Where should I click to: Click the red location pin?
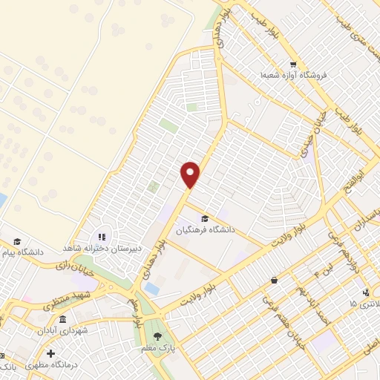(x=191, y=174)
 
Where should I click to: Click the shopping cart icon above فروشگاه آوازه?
(x=293, y=65)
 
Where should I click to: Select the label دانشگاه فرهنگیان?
(x=205, y=230)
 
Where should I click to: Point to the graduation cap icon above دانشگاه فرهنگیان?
(x=205, y=217)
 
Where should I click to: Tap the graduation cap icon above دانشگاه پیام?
(x=17, y=241)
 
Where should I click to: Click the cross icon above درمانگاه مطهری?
(x=50, y=353)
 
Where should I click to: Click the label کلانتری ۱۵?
(x=363, y=304)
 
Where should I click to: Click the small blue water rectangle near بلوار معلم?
(x=151, y=288)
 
